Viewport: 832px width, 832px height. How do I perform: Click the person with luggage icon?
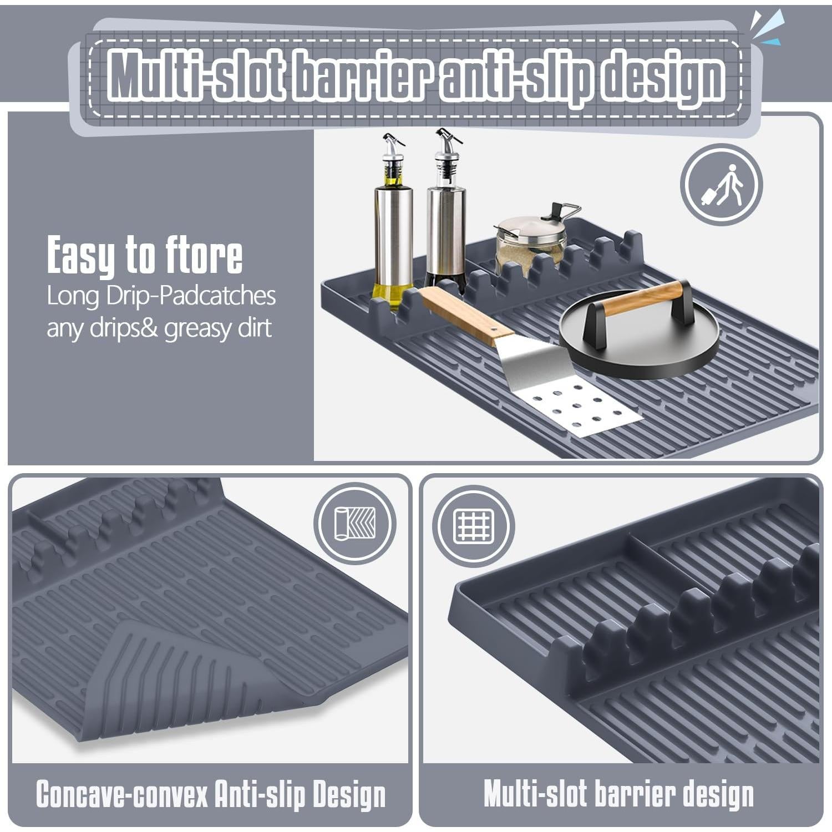722,185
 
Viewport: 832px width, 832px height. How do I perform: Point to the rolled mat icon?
355,523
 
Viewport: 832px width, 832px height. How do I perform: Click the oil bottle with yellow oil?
393,233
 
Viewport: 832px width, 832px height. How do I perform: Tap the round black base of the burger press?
638,349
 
